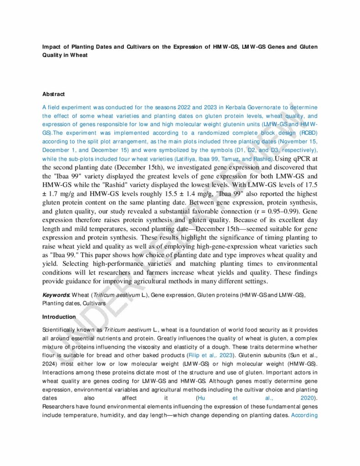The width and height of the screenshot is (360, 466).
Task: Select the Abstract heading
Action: pos(53,94)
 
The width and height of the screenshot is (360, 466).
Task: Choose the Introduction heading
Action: pos(59,317)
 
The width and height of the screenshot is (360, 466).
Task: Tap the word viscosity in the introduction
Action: pos(157,346)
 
